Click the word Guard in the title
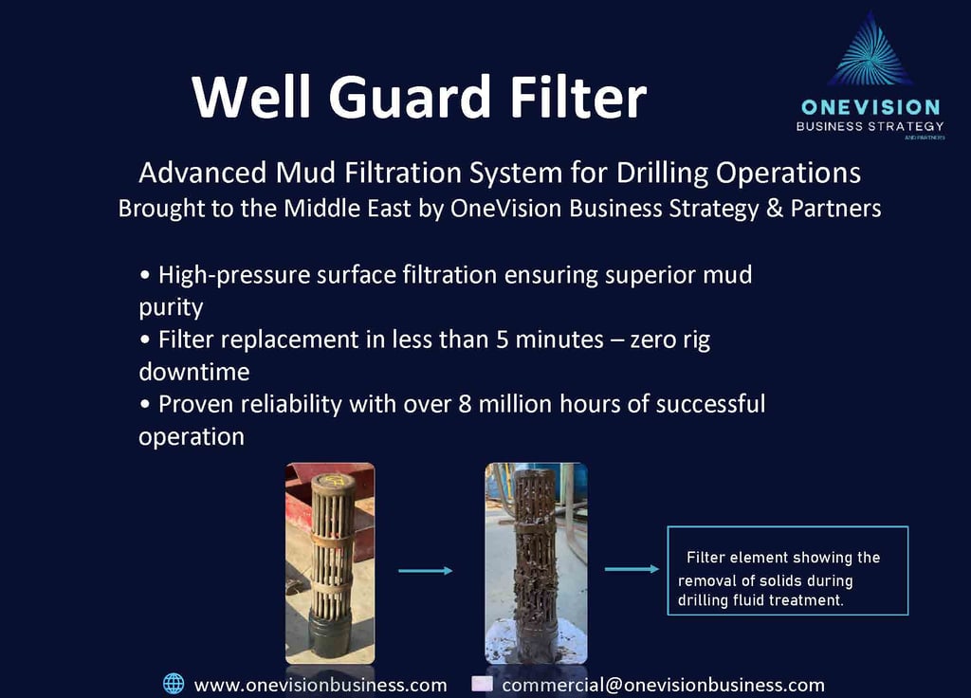tap(410, 98)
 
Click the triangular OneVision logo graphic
tap(870, 48)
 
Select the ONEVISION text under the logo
tap(870, 107)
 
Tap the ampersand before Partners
tap(775, 208)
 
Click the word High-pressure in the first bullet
tap(234, 275)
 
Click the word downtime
tap(194, 372)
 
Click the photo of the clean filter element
tap(330, 563)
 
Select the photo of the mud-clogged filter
tap(537, 563)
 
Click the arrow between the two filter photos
tap(426, 570)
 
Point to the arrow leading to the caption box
tap(632, 569)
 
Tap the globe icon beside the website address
tap(174, 684)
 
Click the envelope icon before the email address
tap(482, 683)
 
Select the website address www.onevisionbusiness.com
tap(321, 685)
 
